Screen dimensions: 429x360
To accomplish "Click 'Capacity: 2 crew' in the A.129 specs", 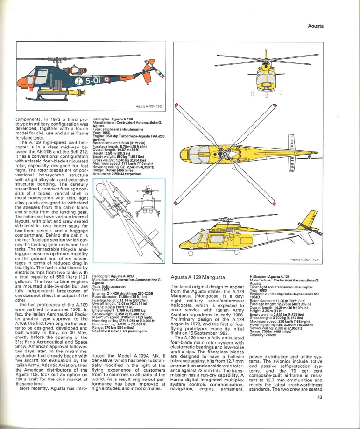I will coord(264,335).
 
